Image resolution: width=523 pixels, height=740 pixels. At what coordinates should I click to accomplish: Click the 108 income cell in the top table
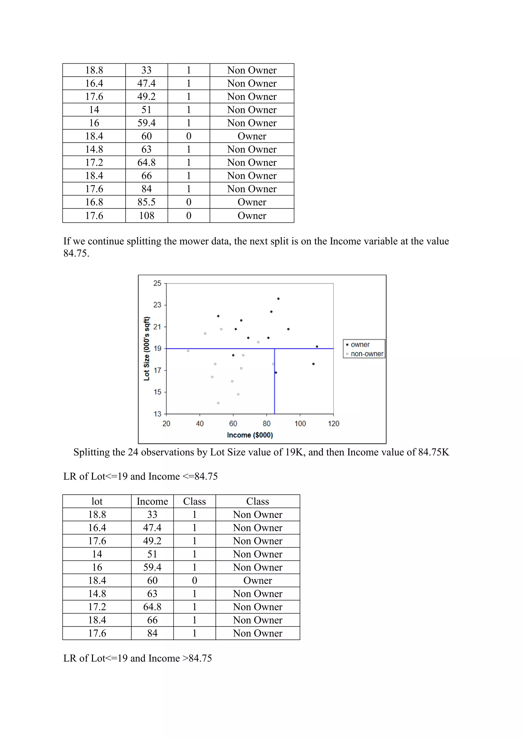click(x=147, y=215)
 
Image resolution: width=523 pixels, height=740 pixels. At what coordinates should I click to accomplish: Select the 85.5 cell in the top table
click(x=147, y=202)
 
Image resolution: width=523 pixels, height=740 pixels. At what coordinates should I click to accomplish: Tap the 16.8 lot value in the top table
click(x=94, y=202)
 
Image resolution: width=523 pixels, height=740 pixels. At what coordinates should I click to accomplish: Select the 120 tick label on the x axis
click(x=334, y=423)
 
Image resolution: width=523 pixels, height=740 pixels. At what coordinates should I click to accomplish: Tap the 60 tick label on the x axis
click(x=233, y=423)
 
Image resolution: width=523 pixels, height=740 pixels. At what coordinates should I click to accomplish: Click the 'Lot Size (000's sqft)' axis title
click(x=147, y=349)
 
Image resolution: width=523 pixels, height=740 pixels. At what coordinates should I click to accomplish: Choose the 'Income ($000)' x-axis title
click(x=250, y=435)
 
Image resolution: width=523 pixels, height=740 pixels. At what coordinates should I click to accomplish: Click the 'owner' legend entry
click(x=360, y=344)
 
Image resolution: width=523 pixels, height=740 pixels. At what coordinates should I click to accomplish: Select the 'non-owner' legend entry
click(x=367, y=354)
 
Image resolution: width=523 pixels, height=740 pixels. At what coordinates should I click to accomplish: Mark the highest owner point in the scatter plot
click(x=278, y=299)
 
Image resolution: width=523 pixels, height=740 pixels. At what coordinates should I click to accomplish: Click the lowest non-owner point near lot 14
click(x=218, y=403)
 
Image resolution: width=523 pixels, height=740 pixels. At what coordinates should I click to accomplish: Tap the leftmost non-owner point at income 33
click(x=188, y=351)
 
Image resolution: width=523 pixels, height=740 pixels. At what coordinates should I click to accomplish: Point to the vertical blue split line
click(x=274, y=387)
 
